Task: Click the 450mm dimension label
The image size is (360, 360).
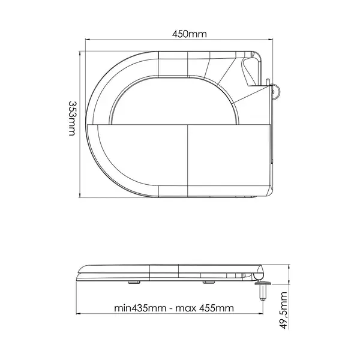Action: coord(190,34)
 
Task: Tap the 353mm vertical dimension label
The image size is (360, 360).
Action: coord(72,118)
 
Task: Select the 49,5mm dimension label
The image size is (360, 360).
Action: coord(284,310)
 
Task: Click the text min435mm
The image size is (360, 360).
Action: coord(140,308)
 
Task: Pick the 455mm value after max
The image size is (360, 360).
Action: coord(217,308)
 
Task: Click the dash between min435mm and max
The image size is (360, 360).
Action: coord(171,308)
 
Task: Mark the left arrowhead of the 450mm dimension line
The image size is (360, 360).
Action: coord(88,40)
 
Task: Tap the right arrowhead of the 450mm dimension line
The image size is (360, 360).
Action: coord(271,40)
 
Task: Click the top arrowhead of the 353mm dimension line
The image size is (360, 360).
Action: coord(80,53)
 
